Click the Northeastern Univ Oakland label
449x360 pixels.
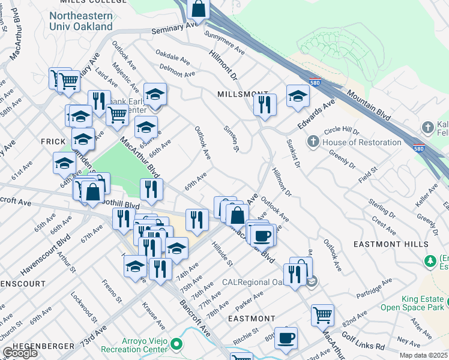[x=81, y=21]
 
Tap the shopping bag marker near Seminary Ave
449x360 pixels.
[x=199, y=8]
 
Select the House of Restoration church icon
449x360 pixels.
[x=313, y=142]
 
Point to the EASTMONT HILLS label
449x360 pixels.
[x=385, y=244]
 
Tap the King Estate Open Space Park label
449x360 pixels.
[x=414, y=303]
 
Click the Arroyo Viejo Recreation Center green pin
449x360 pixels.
[x=176, y=345]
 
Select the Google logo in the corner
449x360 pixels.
[x=19, y=353]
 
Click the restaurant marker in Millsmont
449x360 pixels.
[x=265, y=105]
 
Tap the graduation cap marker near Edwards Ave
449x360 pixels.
[x=298, y=96]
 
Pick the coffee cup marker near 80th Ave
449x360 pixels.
[x=286, y=337]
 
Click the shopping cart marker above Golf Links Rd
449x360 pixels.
[x=322, y=314]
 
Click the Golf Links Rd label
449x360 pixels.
[x=364, y=346]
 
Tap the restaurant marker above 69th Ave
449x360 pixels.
[x=152, y=189]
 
